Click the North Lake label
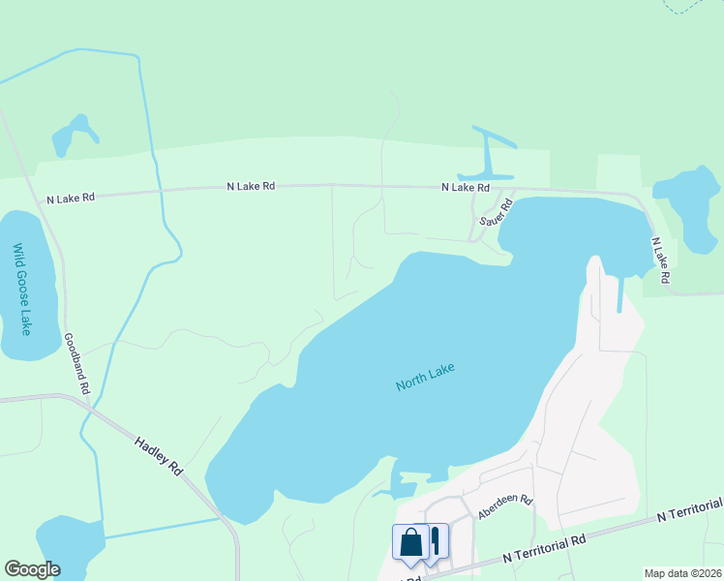pyautogui.click(x=425, y=377)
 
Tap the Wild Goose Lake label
pyautogui.click(x=21, y=289)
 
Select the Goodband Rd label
pyautogui.click(x=76, y=363)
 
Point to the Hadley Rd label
pyautogui.click(x=159, y=454)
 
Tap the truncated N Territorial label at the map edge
pyautogui.click(x=688, y=511)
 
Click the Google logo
pyautogui.click(x=32, y=569)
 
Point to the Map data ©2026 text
pyautogui.click(x=682, y=573)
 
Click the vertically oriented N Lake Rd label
pyautogui.click(x=660, y=260)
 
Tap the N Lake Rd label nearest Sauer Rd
pyautogui.click(x=466, y=187)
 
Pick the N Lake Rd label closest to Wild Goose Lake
pyautogui.click(x=71, y=198)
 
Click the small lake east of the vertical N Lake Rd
pyautogui.click(x=689, y=204)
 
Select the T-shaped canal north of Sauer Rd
pyautogui.click(x=491, y=151)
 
